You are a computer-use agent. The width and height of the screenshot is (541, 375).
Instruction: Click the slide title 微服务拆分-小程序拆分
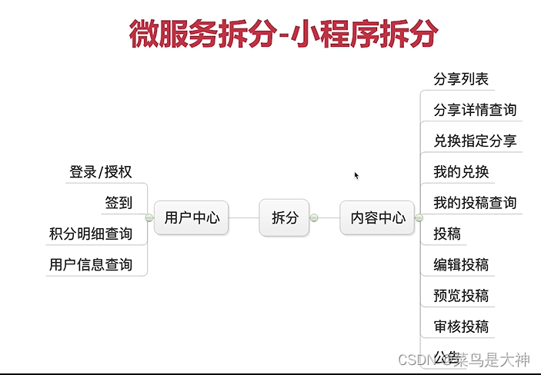[x=284, y=34]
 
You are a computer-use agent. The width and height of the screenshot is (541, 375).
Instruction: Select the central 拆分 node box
[x=284, y=217]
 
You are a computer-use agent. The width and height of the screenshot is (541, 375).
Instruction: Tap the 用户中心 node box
[x=192, y=217]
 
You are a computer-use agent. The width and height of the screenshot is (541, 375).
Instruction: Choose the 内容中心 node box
[x=377, y=217]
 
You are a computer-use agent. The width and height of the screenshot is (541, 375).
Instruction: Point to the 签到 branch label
[x=119, y=203]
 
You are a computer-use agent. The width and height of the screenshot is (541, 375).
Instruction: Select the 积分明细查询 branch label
[x=91, y=234]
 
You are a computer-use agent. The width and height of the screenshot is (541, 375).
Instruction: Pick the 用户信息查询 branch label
[x=91, y=264]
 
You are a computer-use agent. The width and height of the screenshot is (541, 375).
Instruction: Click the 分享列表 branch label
[x=461, y=79]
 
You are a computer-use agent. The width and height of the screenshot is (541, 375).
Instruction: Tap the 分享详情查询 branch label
[x=475, y=110]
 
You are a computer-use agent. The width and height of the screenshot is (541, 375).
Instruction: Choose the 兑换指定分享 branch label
[x=475, y=141]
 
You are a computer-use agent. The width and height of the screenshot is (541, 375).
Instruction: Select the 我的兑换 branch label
[x=461, y=171]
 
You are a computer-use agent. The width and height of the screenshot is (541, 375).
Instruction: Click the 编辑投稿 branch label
[x=461, y=264]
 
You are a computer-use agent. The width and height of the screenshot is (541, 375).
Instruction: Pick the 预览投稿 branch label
[x=461, y=295]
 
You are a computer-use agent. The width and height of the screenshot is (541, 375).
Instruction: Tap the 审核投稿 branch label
[x=461, y=326]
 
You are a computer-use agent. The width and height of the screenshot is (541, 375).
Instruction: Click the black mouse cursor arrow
[x=356, y=175]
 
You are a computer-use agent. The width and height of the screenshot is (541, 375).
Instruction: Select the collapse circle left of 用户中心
[x=149, y=217]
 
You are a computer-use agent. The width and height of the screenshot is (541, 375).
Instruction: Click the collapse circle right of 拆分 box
[x=314, y=217]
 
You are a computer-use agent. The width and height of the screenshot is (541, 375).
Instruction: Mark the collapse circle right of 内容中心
[x=419, y=217]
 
